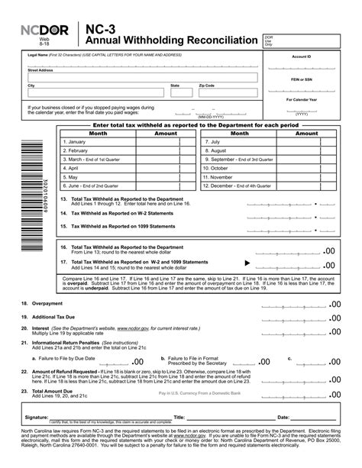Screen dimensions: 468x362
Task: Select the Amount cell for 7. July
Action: tap(306, 141)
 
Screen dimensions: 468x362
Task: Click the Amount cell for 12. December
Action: tap(306, 185)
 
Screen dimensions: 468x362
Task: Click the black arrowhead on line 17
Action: tap(247, 263)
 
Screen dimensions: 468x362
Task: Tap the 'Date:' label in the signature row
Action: tap(283, 418)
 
